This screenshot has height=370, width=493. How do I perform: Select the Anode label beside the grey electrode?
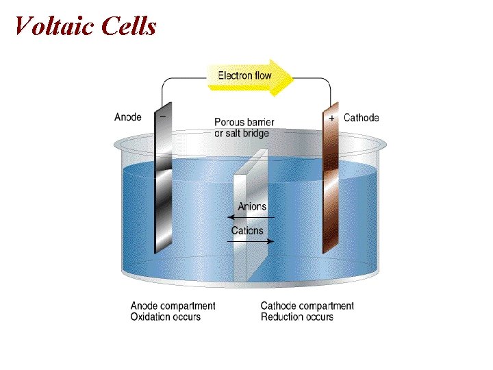pyautogui.click(x=128, y=117)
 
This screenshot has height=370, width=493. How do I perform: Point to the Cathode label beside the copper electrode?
pyautogui.click(x=361, y=118)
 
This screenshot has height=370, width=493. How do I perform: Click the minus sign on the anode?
pyautogui.click(x=162, y=117)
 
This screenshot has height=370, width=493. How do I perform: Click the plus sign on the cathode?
pyautogui.click(x=332, y=118)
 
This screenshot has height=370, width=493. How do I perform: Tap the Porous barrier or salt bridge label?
pyautogui.click(x=244, y=127)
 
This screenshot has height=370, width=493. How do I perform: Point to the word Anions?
pyautogui.click(x=252, y=206)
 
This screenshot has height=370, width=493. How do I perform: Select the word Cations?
pyautogui.click(x=247, y=231)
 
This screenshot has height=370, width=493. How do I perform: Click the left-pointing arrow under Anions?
pyautogui.click(x=246, y=217)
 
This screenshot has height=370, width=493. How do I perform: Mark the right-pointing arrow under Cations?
pyautogui.click(x=253, y=241)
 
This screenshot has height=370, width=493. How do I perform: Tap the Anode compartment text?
pyautogui.click(x=173, y=306)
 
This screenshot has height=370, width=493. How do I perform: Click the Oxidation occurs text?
pyautogui.click(x=166, y=317)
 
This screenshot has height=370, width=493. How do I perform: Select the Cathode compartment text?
pyautogui.click(x=307, y=306)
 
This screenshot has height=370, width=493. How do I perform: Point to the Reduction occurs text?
pyautogui.click(x=297, y=317)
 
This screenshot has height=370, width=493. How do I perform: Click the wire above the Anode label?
pyautogui.click(x=162, y=92)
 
